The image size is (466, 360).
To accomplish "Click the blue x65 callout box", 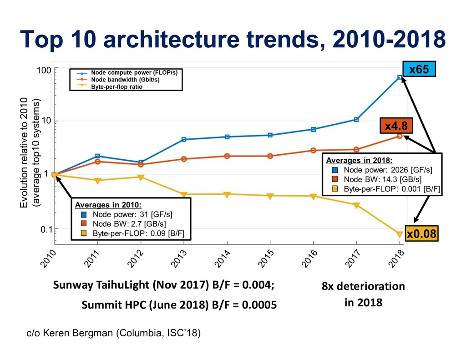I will pos(419,70).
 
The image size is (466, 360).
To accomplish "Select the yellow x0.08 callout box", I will pos(422,234).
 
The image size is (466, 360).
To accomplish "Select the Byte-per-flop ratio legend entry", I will pos(116,86).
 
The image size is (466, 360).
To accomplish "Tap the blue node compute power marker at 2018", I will pos(400,77).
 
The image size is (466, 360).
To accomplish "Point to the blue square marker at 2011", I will pos(97,156).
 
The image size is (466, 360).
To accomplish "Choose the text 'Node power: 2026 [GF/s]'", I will pos(388,170).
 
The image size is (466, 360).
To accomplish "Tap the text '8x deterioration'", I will pos(363,287).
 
